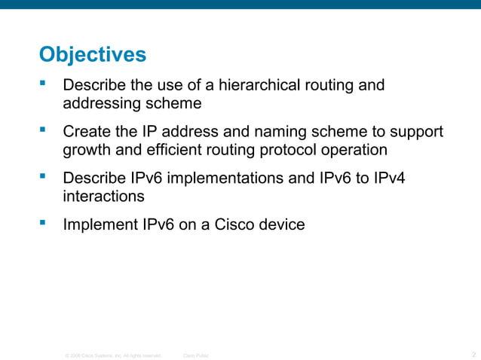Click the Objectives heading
tap(92, 55)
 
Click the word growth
tap(86, 149)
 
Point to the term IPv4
tap(397, 178)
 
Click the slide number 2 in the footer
tap(473, 354)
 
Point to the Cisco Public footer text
tap(197, 355)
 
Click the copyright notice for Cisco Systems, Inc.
tap(113, 355)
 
